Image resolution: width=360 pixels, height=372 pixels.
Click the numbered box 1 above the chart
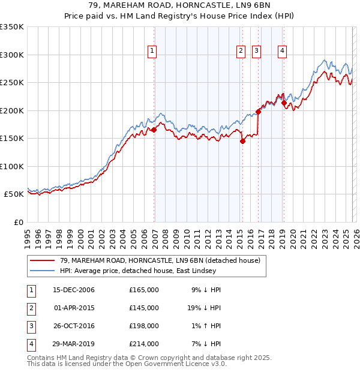pos(152,52)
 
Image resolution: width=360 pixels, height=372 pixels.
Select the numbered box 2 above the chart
pos(241,52)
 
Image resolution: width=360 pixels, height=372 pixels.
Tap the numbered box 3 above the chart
pos(256,52)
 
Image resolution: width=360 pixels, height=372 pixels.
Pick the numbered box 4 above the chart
pos(281,52)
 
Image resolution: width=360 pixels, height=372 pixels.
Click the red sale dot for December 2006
pos(154,130)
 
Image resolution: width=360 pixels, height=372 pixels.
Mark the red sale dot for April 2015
pos(242,142)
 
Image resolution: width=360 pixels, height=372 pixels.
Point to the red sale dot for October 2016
pos(259,111)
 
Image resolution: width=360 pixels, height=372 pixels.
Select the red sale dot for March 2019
pos(284,103)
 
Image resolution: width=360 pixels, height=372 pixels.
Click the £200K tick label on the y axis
pos(11,110)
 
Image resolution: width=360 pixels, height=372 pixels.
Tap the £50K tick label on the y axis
pos(14,194)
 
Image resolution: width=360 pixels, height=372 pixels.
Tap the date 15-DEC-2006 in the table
pos(74,290)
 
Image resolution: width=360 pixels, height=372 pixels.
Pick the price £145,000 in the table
pos(144,308)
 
